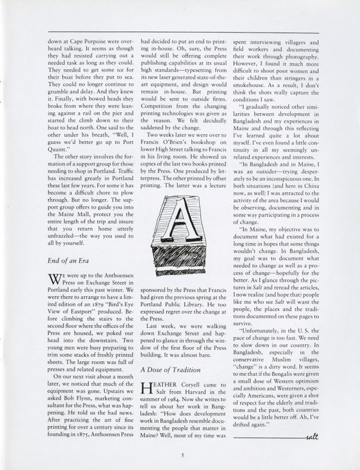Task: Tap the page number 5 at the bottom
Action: [183, 453]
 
